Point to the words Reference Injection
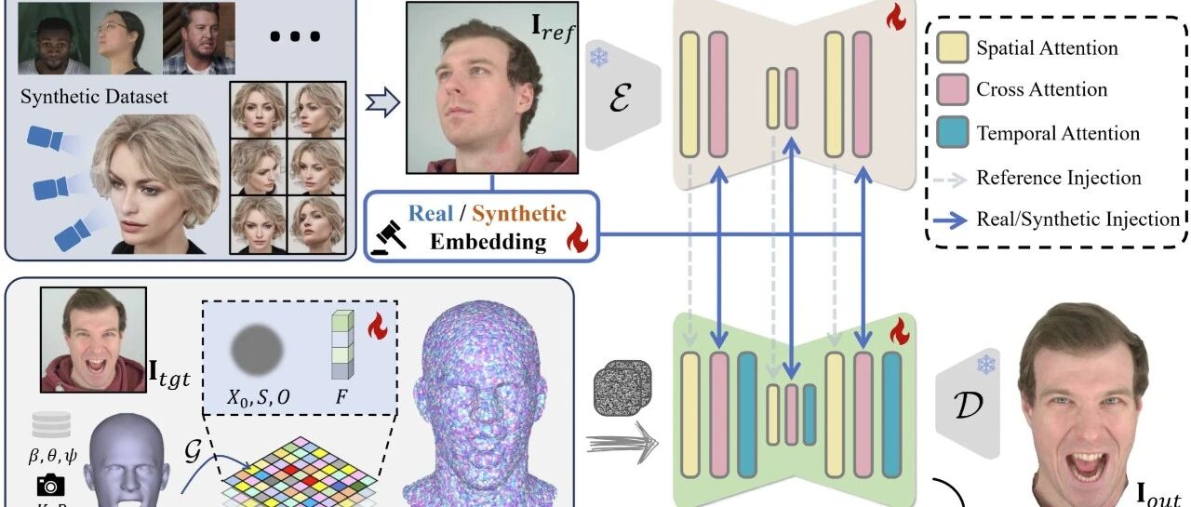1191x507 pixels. pos(1059,177)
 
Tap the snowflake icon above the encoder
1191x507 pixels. pos(597,58)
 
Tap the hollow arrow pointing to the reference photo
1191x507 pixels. pos(381,100)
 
